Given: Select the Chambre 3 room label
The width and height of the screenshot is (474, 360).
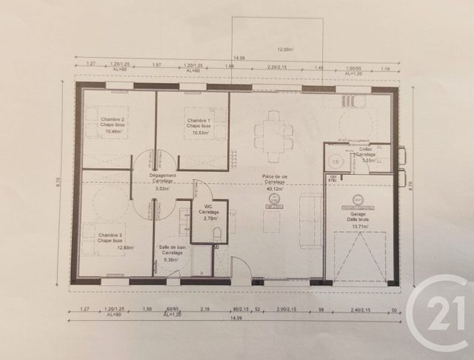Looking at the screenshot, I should click(111, 237).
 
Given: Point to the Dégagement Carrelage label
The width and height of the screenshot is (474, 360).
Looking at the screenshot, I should click(163, 178).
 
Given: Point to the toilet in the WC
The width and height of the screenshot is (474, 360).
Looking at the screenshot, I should click(217, 234).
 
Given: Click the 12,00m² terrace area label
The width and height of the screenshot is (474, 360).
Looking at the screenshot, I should click(285, 50).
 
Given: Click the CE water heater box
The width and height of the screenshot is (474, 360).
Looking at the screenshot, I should click(335, 161).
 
